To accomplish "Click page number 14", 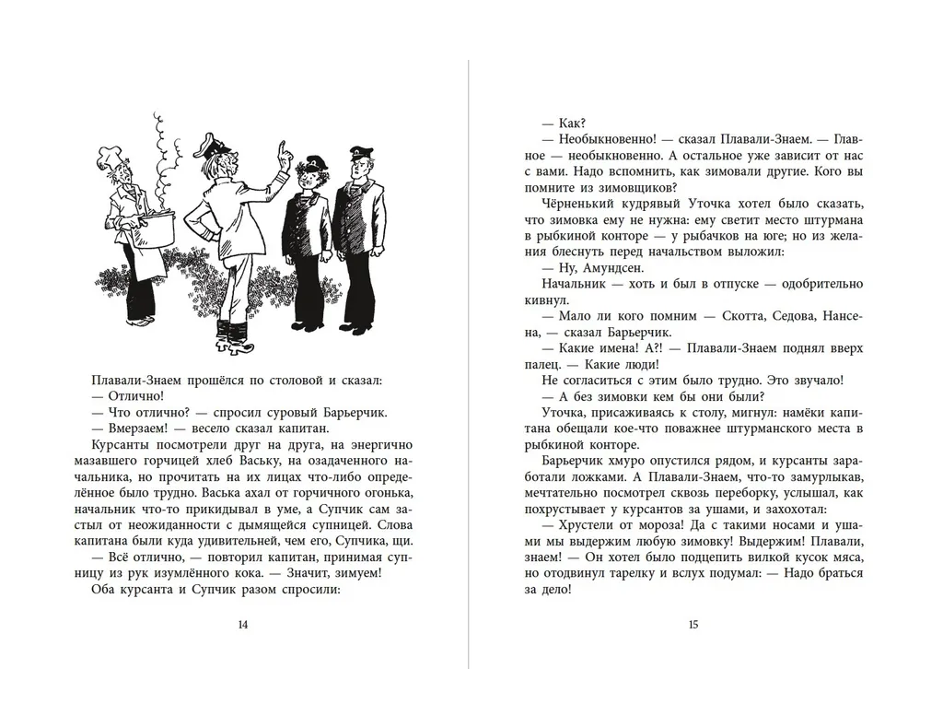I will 242,624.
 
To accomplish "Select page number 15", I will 693,624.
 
